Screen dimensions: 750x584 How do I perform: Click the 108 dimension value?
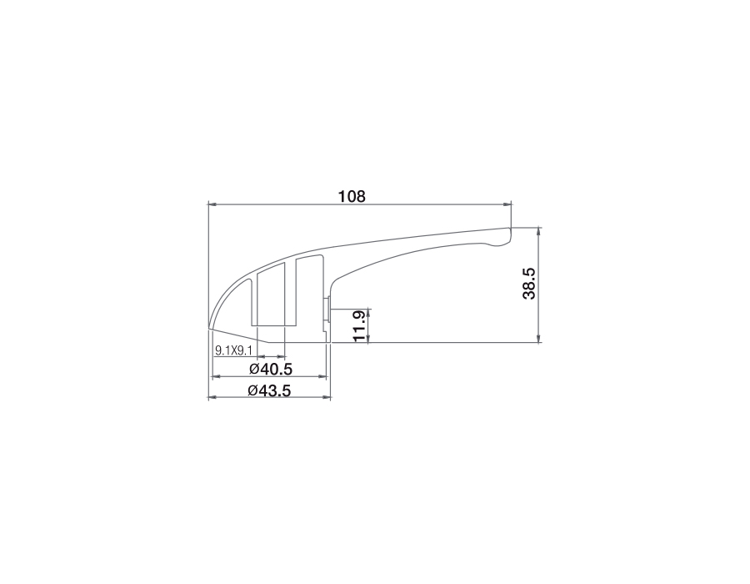352,196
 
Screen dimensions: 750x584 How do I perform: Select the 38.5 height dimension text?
529,284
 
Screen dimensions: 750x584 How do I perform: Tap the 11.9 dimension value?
359,326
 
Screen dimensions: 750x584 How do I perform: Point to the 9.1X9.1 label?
233,350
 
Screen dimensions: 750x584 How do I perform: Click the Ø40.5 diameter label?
271,369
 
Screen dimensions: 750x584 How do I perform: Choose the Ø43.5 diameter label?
269,390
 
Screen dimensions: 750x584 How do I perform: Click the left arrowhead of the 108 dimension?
212,204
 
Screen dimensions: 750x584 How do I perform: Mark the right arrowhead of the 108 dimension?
507,204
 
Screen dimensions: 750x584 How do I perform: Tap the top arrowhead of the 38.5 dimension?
539,232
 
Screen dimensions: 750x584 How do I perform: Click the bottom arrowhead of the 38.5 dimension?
539,338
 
